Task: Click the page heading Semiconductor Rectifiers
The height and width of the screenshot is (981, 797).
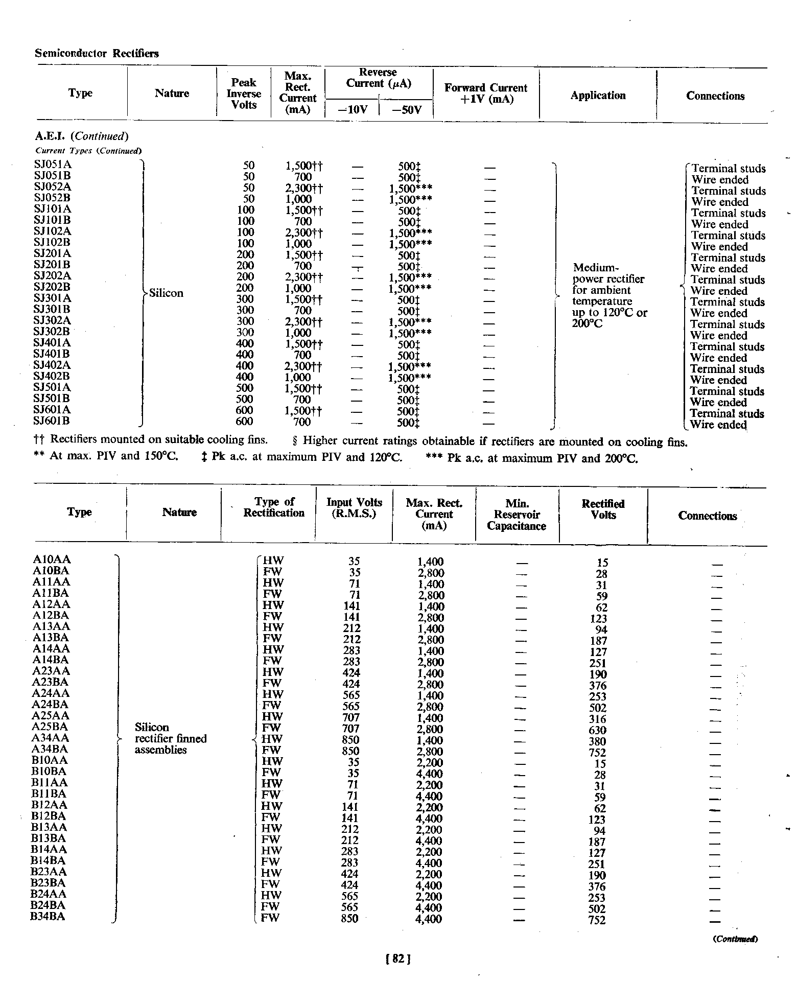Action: pyautogui.click(x=97, y=53)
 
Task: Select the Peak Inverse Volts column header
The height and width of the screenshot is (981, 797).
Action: pyautogui.click(x=244, y=94)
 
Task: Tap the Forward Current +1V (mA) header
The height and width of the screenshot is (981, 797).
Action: pyautogui.click(x=485, y=94)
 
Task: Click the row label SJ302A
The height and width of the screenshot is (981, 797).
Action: pyautogui.click(x=53, y=320)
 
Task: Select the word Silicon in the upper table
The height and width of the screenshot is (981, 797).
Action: pyautogui.click(x=166, y=293)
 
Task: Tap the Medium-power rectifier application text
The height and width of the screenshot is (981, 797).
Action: pyautogui.click(x=610, y=296)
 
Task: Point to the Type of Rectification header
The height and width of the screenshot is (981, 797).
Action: pyautogui.click(x=274, y=507)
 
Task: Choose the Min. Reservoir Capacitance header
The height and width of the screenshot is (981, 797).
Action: pyautogui.click(x=517, y=515)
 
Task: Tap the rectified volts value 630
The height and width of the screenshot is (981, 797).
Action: pyautogui.click(x=597, y=730)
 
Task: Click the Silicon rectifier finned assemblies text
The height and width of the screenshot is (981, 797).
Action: pyautogui.click(x=170, y=738)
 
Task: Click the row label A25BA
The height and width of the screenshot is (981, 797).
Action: pyautogui.click(x=50, y=727)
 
